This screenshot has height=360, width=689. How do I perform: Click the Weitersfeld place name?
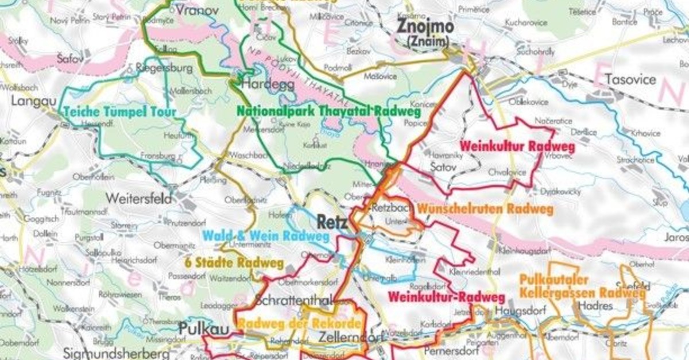(138, 199)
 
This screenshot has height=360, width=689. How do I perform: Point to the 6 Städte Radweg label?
(234, 263)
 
